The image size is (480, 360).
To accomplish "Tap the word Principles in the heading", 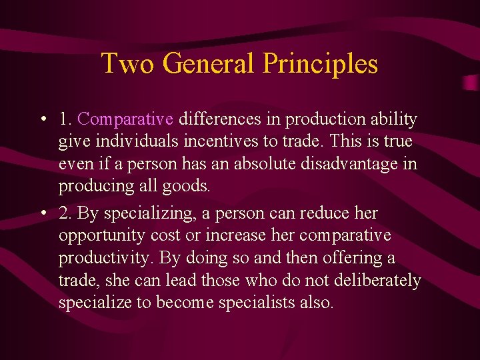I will click(x=320, y=63).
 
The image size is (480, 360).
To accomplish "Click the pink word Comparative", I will click(x=125, y=119).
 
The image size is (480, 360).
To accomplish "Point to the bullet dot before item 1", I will click(x=42, y=120).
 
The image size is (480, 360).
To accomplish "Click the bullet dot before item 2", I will click(x=42, y=214).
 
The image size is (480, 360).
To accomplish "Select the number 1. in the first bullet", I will click(x=65, y=119).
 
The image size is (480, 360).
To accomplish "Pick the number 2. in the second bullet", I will click(x=65, y=213).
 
